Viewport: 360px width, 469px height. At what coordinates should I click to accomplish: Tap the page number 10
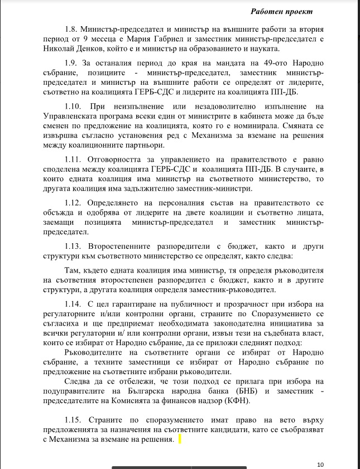320,464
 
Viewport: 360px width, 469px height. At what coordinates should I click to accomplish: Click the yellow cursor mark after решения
181,440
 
